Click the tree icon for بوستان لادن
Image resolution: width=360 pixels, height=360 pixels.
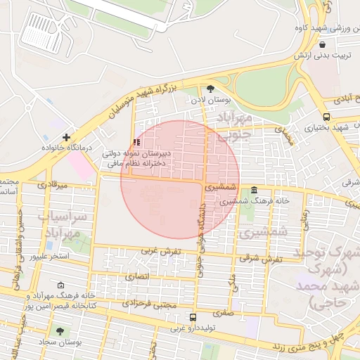(210, 89)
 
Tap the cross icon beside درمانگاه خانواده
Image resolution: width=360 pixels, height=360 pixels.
(66, 137)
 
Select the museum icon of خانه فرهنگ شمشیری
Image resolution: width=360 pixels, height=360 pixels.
(254, 191)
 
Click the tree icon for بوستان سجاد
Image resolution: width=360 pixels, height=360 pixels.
(58, 329)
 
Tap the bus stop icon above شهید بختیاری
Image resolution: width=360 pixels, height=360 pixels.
(326, 117)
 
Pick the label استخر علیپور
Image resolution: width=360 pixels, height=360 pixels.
(49, 256)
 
